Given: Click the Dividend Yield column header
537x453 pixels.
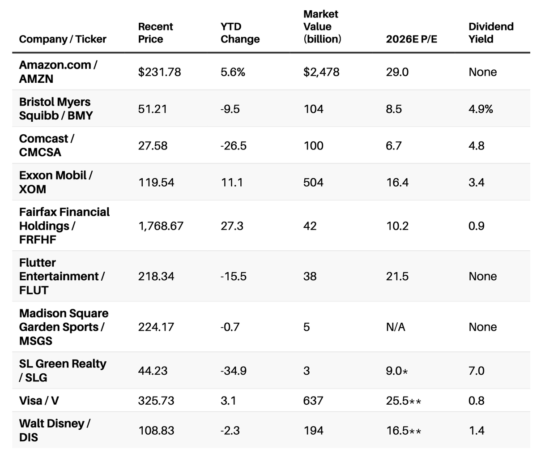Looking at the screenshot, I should pos(491,33).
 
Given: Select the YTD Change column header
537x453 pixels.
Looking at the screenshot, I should pos(240,33).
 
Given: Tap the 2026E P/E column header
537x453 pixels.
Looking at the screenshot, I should pos(411,39).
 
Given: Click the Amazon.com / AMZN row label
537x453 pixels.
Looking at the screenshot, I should pos(58,72).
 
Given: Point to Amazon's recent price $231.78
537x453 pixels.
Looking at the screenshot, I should pos(159,72).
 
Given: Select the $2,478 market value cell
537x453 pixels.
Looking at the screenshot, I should pos(321,72).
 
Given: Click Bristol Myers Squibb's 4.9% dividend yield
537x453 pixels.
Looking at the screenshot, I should pos(481,109).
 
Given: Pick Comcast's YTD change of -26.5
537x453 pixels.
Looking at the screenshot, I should pos(233,145).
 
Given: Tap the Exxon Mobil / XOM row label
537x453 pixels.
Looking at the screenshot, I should pos(55,182).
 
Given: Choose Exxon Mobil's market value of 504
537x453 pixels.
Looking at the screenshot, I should pos(313,182).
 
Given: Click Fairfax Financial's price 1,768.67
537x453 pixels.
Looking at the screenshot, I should pos(161,226).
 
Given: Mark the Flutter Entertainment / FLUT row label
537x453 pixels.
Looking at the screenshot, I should pos(62,276).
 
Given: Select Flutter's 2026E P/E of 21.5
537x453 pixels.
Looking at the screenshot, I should pos(397,276).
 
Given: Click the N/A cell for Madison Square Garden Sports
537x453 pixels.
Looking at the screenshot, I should pos(396,327).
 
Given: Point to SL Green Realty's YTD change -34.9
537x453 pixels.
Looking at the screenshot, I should pos(233,371).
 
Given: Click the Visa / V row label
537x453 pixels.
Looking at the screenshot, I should pos(39,400).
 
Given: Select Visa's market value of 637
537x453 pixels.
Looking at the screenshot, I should pos(313,400).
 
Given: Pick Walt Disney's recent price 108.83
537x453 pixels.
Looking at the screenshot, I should pos(156,430).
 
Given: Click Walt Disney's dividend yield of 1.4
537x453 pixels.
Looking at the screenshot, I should pos(476,430).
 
